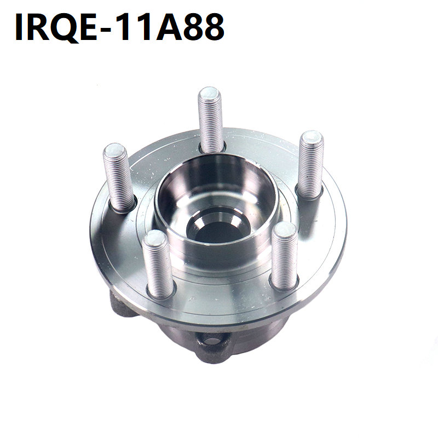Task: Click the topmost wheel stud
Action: (210, 119)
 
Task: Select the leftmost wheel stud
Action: (118, 177)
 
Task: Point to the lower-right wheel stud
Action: (284, 256)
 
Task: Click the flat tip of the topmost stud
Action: (210, 93)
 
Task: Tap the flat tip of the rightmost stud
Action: (312, 137)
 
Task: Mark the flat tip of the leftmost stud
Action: (114, 150)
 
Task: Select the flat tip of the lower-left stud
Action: (153, 237)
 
